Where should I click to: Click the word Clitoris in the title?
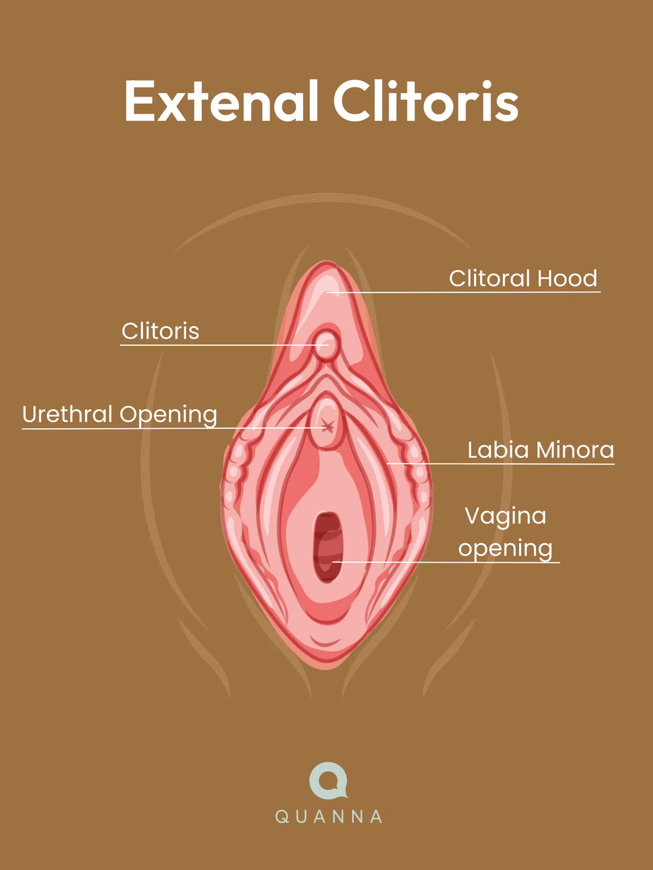[x=425, y=102]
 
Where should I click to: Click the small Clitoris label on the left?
[x=160, y=332]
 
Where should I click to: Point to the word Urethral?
[x=67, y=414]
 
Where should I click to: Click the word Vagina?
[x=505, y=517]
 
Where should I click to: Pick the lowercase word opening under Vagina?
[x=505, y=549]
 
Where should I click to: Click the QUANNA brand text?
[x=328, y=816]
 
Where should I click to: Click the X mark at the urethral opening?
[x=328, y=427]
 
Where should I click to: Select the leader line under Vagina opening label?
[x=457, y=562]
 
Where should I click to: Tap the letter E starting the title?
[x=138, y=102]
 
